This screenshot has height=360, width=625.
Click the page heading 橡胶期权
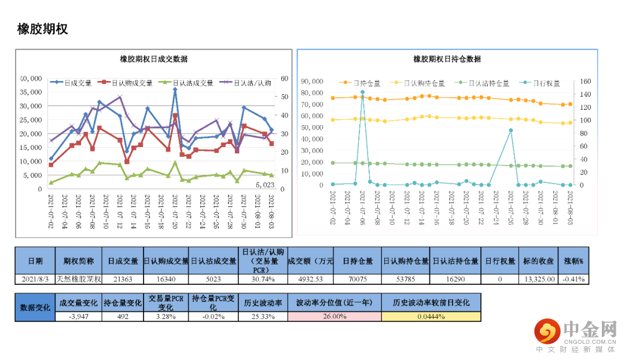point(42,29)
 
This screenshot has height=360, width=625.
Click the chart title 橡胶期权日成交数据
point(153,59)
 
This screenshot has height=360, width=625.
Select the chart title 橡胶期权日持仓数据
point(447,59)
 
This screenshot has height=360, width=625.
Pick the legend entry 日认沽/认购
point(254,83)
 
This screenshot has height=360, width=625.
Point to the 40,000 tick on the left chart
point(31,78)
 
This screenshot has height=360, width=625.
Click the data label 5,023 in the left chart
point(264,185)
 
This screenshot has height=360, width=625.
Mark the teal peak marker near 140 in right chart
point(362,92)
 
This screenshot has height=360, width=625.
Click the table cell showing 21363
point(122,279)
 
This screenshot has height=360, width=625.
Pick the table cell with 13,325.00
point(539,279)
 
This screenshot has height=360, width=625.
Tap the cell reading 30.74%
point(262,279)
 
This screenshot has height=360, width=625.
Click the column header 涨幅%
point(574,261)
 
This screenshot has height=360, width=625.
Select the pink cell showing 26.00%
point(334,316)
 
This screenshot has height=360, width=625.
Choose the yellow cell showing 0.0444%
point(431,316)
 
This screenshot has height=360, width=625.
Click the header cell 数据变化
point(35,307)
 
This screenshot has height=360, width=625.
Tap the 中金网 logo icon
point(546,331)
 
